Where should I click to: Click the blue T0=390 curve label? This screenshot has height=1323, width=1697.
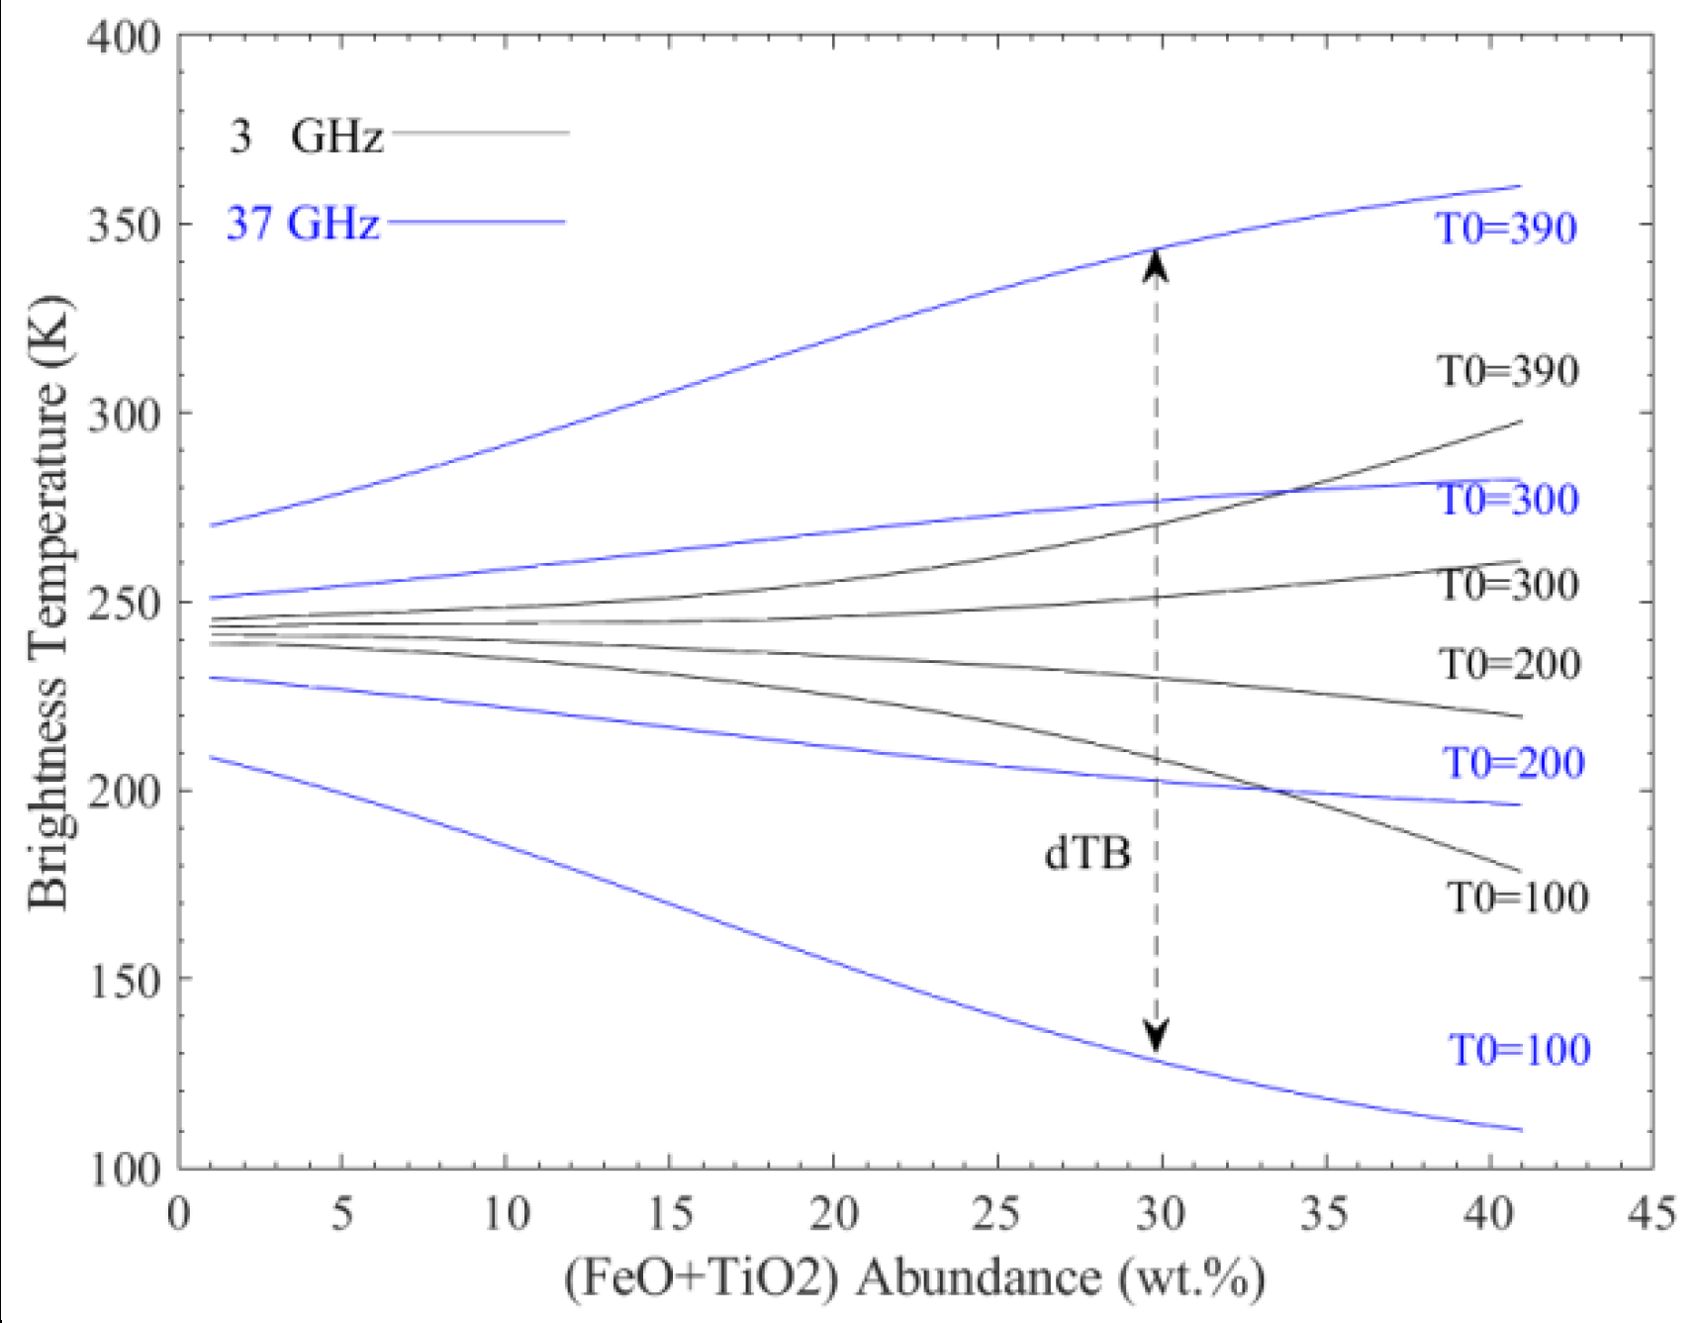(1506, 229)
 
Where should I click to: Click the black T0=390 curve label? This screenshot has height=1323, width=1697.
(1507, 371)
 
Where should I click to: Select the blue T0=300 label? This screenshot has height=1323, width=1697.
(1507, 499)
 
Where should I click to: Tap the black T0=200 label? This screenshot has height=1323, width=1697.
(1509, 664)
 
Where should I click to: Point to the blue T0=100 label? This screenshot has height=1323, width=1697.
(1519, 1050)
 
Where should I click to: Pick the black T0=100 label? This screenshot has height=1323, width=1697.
(1517, 898)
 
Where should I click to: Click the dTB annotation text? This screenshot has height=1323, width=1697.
(1086, 853)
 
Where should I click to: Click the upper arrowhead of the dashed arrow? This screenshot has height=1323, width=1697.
(1155, 264)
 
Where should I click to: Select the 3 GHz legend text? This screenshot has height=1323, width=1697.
(306, 136)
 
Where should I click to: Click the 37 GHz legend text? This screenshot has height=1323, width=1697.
(303, 224)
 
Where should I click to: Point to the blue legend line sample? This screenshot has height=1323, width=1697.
(476, 223)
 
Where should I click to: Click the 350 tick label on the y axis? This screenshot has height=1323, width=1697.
(124, 226)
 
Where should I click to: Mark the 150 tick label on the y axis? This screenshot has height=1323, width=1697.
(124, 982)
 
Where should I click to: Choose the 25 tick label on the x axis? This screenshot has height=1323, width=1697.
(995, 1213)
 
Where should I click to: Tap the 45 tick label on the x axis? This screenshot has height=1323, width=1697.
(1650, 1213)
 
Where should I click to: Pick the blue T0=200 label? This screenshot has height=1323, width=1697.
(1513, 763)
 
